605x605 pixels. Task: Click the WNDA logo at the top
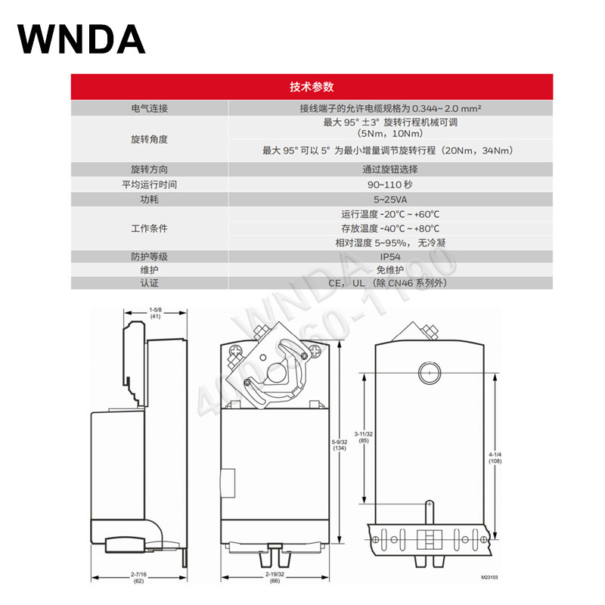[82, 39]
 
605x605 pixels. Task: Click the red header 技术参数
[311, 86]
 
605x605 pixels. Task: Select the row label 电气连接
[149, 108]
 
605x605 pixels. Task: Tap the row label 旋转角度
[149, 139]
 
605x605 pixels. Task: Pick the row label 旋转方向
[149, 169]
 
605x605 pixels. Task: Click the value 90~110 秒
[389, 184]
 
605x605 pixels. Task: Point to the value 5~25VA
[389, 199]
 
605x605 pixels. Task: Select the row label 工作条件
[149, 228]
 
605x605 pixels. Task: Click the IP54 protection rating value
[390, 256]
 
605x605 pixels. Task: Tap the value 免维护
[390, 269]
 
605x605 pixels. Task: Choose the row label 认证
[149, 283]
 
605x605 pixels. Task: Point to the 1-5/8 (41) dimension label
[155, 313]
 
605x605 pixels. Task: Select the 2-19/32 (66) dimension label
[274, 579]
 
